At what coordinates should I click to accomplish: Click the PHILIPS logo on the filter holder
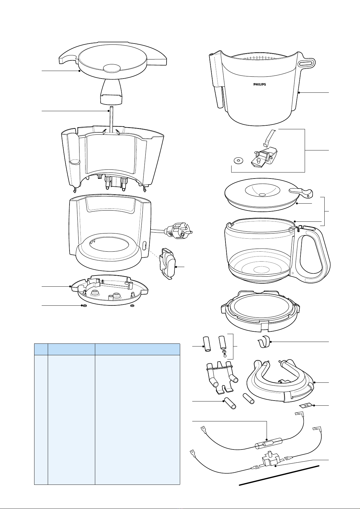pyautogui.click(x=259, y=84)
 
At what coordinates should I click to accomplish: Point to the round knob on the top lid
pyautogui.click(x=112, y=68)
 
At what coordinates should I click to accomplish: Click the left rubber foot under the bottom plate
pyautogui.click(x=85, y=306)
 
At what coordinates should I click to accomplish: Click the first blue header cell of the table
pyautogui.click(x=41, y=349)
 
